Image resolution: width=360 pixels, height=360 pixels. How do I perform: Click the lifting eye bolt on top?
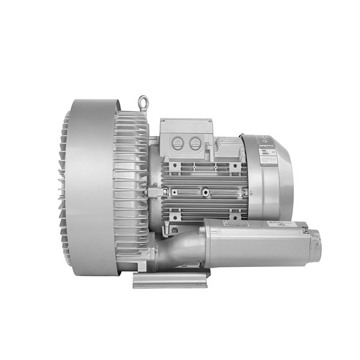pyautogui.click(x=143, y=102)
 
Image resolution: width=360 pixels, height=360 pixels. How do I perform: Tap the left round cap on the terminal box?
pyautogui.click(x=178, y=143)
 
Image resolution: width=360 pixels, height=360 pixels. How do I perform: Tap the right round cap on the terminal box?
pyautogui.click(x=195, y=143)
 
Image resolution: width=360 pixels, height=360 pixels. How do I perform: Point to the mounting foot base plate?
pyautogui.click(x=171, y=279)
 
